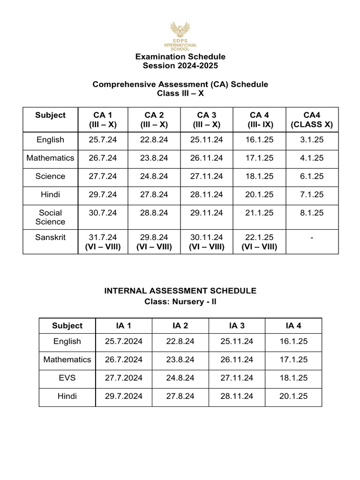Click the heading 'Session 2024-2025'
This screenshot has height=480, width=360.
coord(180,66)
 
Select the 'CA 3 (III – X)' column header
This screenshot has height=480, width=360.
coord(207,120)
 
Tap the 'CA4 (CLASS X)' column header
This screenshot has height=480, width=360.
coord(312,120)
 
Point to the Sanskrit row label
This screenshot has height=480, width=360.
coord(50,237)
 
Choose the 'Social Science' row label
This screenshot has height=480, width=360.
coord(50,217)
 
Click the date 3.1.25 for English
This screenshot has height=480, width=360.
coord(312,140)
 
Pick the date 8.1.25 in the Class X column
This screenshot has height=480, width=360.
coord(312,213)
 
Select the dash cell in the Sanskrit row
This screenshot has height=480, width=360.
coord(312,238)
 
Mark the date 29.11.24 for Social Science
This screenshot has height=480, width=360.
coord(207,213)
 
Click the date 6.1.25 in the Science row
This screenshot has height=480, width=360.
coord(312,176)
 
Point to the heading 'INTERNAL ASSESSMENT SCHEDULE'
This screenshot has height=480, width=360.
coord(180,291)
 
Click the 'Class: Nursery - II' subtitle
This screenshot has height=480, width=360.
coord(180,301)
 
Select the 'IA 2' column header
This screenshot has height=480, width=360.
coord(180,325)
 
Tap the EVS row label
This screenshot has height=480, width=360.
coord(67,378)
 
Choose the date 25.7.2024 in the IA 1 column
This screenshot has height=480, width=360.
coord(124,341)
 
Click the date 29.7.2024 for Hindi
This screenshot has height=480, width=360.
coord(124,396)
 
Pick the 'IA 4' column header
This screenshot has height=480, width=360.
coord(293,325)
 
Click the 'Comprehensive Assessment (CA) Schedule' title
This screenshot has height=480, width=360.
coord(180,84)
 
